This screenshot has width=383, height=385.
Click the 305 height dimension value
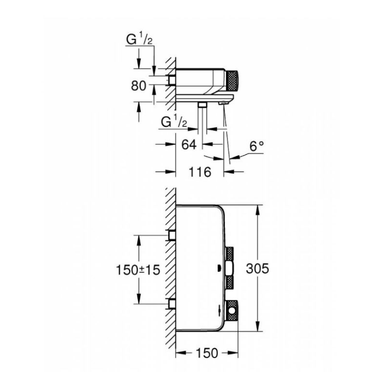pyautogui.click(x=258, y=268)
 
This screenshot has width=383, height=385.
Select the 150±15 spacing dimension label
pyautogui.click(x=138, y=270)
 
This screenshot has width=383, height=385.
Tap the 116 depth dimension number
pyautogui.click(x=199, y=172)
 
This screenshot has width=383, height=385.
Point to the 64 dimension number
pyautogui.click(x=189, y=145)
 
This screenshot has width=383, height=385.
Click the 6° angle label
pyautogui.click(x=257, y=146)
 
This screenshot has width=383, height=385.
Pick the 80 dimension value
pyautogui.click(x=138, y=86)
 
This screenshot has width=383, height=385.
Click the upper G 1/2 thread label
pyautogui.click(x=139, y=39)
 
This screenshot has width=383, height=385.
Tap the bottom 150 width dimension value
pyautogui.click(x=207, y=353)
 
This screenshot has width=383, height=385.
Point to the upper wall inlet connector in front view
pyautogui.click(x=172, y=235)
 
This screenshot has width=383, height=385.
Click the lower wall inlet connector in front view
pyautogui.click(x=172, y=304)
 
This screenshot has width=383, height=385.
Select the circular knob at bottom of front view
pyautogui.click(x=232, y=311)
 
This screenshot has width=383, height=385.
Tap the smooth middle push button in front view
pyautogui.click(x=229, y=268)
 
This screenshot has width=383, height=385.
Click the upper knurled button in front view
pyautogui.click(x=229, y=254)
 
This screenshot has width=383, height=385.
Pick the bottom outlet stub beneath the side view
pyautogui.click(x=202, y=105)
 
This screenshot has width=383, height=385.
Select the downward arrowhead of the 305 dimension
pyautogui.click(x=258, y=325)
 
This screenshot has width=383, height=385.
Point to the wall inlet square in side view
pyautogui.click(x=171, y=80)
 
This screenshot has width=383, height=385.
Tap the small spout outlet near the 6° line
pyautogui.click(x=223, y=103)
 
